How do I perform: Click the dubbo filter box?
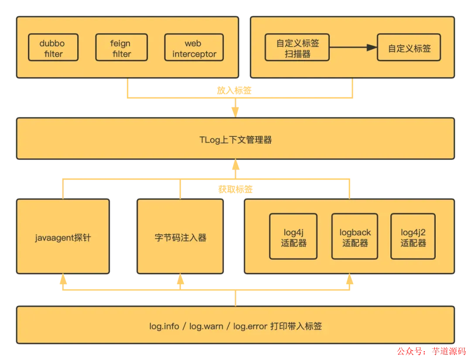[53, 48]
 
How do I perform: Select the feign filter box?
[120, 48]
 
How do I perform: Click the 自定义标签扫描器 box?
[297, 48]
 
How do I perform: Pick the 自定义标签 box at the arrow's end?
[409, 48]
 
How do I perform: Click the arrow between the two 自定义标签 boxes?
[353, 48]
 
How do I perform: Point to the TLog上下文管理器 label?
[235, 140]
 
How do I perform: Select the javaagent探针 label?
[63, 238]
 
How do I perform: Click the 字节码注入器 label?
[180, 238]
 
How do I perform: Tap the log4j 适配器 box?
[294, 237]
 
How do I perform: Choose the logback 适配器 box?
[355, 237]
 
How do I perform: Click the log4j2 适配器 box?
[413, 237]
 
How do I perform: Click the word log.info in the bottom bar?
[164, 326]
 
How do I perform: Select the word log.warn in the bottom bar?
[206, 326]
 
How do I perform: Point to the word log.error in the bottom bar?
[250, 326]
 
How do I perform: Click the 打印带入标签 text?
[296, 326]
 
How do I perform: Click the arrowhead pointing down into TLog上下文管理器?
[235, 111]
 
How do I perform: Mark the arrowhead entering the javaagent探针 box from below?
[63, 277]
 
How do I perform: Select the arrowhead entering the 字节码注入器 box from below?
[180, 277]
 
